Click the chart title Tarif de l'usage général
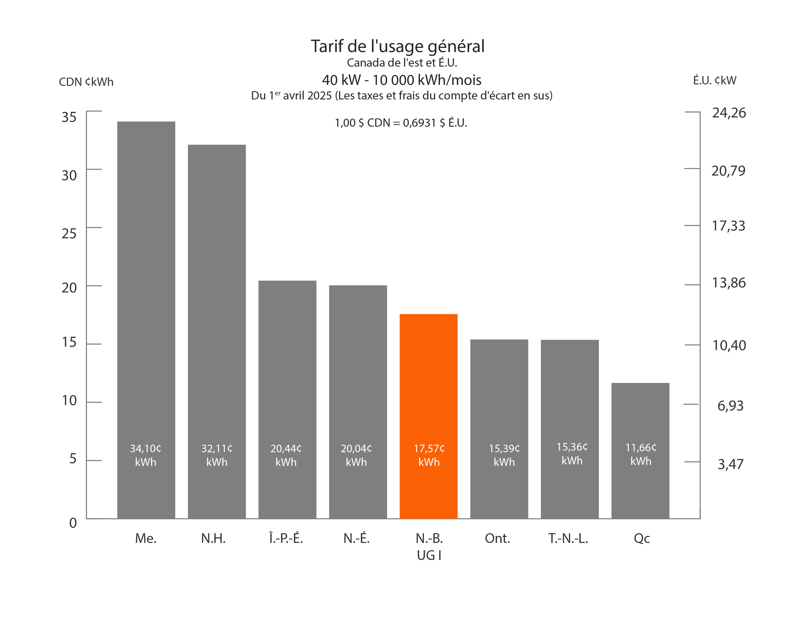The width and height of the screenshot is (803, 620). [397, 46]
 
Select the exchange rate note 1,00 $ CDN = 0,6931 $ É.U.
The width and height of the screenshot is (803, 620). [401, 123]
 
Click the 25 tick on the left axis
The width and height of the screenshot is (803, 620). [69, 234]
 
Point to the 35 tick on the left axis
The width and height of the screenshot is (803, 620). [69, 117]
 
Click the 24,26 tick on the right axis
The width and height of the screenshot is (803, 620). [729, 113]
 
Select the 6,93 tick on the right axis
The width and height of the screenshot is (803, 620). [730, 406]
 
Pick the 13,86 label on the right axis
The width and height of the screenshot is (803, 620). [729, 283]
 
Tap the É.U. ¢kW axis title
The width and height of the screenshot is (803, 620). [714, 80]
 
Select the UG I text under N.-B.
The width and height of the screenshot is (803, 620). [429, 555]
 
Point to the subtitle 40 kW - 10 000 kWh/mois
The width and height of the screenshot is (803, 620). [401, 80]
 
